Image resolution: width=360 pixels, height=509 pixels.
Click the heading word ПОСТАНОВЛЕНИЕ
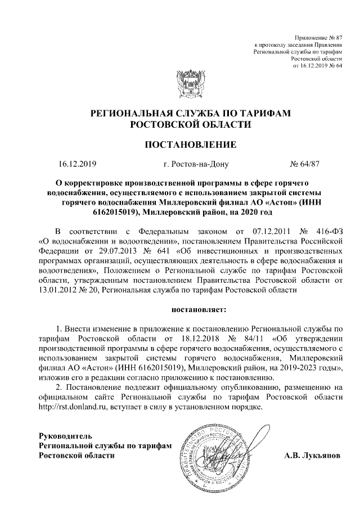click(191, 145)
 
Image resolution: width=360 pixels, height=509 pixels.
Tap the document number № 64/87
click(304, 165)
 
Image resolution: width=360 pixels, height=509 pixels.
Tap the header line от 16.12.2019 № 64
click(318, 65)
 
